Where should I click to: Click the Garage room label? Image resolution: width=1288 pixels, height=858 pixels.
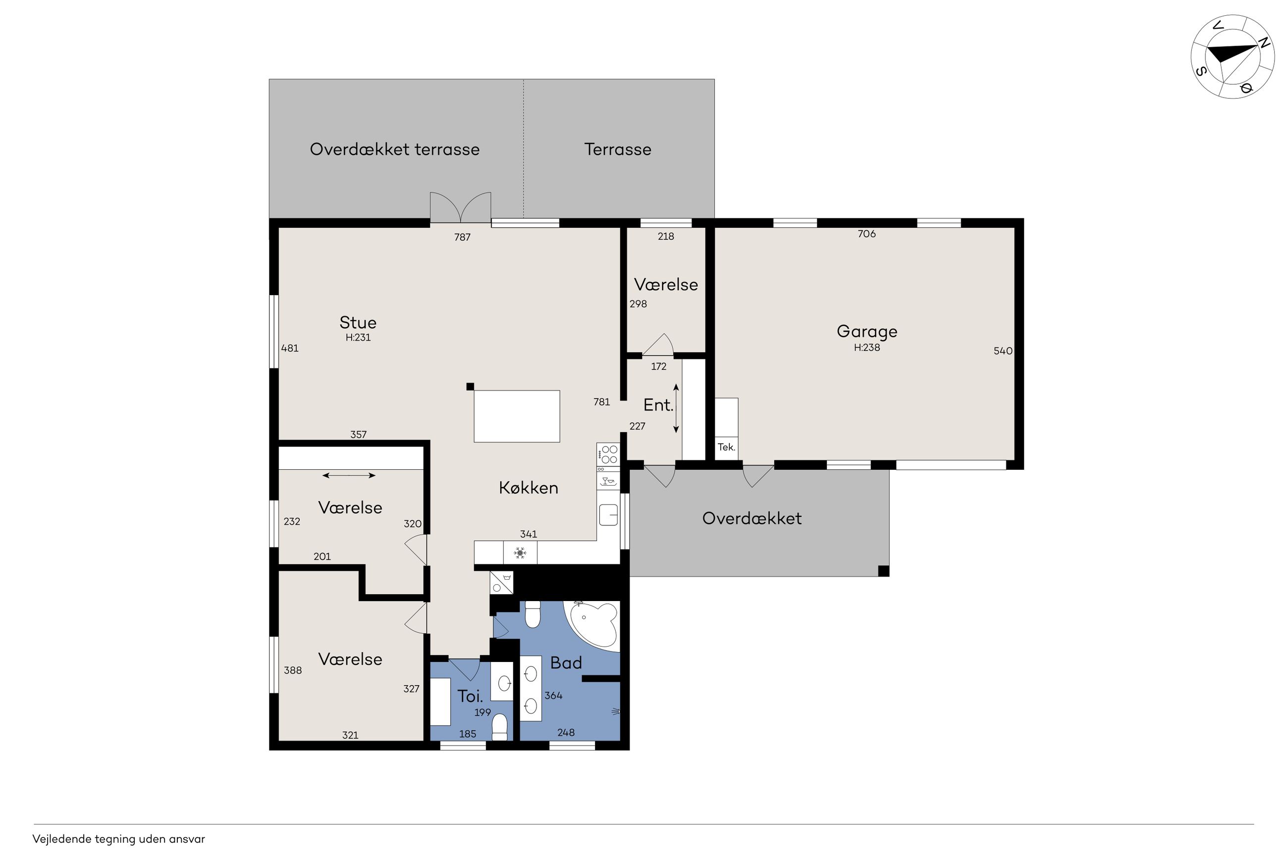click(x=866, y=332)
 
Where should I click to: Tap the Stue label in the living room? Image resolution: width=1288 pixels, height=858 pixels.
click(x=358, y=322)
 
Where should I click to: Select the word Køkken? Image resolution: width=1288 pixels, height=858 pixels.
click(x=528, y=488)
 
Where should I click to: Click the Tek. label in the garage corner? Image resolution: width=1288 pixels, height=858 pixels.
click(x=726, y=447)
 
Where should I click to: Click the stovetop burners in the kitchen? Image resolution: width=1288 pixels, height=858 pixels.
click(x=608, y=454)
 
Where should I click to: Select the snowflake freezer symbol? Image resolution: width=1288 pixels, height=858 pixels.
click(x=520, y=553)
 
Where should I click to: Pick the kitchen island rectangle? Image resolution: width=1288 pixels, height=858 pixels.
click(x=516, y=416)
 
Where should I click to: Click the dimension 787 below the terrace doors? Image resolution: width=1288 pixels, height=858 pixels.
click(x=462, y=237)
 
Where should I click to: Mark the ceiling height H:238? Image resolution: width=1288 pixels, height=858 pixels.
click(x=866, y=348)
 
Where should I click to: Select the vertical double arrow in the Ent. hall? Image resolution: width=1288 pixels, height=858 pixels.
click(x=676, y=408)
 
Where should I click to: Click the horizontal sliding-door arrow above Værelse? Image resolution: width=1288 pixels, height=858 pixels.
click(x=349, y=475)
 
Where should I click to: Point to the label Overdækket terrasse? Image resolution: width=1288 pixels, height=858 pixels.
click(x=394, y=149)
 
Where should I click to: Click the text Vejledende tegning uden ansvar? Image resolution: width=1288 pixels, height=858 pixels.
click(x=118, y=839)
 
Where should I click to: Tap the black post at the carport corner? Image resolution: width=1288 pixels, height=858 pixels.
click(x=883, y=571)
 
